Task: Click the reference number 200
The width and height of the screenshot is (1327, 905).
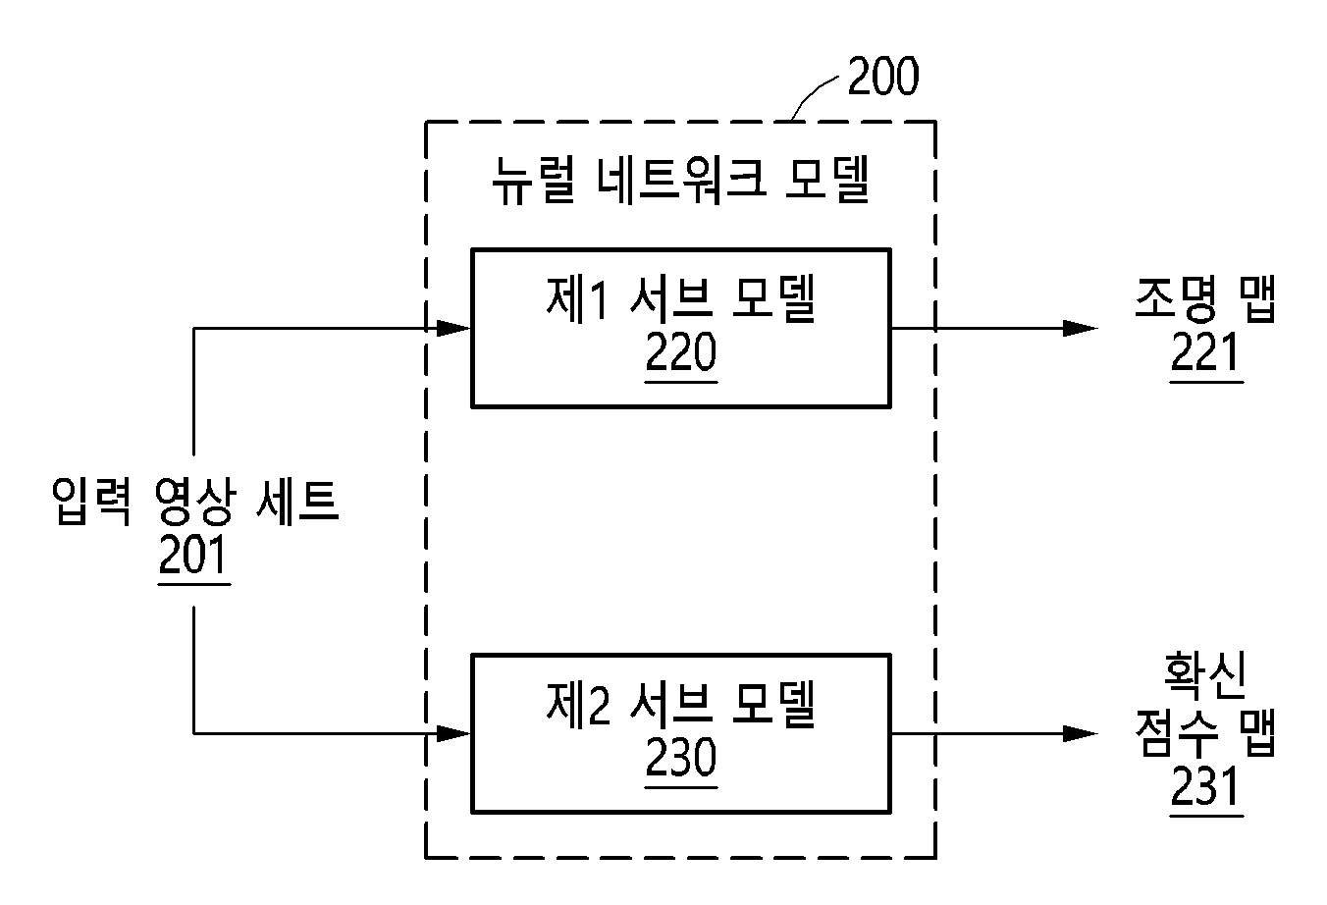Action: pos(883,77)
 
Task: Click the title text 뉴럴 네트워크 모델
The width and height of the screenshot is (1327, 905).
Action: pos(681,180)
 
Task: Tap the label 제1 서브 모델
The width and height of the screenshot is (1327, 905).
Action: pos(681,298)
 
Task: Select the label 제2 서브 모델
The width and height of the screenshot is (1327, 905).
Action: pos(681,704)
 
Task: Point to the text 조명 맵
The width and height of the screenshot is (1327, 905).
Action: pos(1205,298)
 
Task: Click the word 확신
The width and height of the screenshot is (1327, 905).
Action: pos(1205,675)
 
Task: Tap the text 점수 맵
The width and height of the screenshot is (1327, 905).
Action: pos(1205,732)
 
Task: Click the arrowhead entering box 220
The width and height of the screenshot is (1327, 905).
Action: pos(453,328)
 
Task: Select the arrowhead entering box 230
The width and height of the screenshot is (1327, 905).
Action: pos(453,734)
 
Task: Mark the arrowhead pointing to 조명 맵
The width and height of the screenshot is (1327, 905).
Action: pos(1081,328)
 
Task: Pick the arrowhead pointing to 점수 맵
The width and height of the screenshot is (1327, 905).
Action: pos(1081,734)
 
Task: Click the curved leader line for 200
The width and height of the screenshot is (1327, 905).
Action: pos(811,92)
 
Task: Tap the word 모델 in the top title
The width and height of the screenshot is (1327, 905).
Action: pos(827,180)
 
